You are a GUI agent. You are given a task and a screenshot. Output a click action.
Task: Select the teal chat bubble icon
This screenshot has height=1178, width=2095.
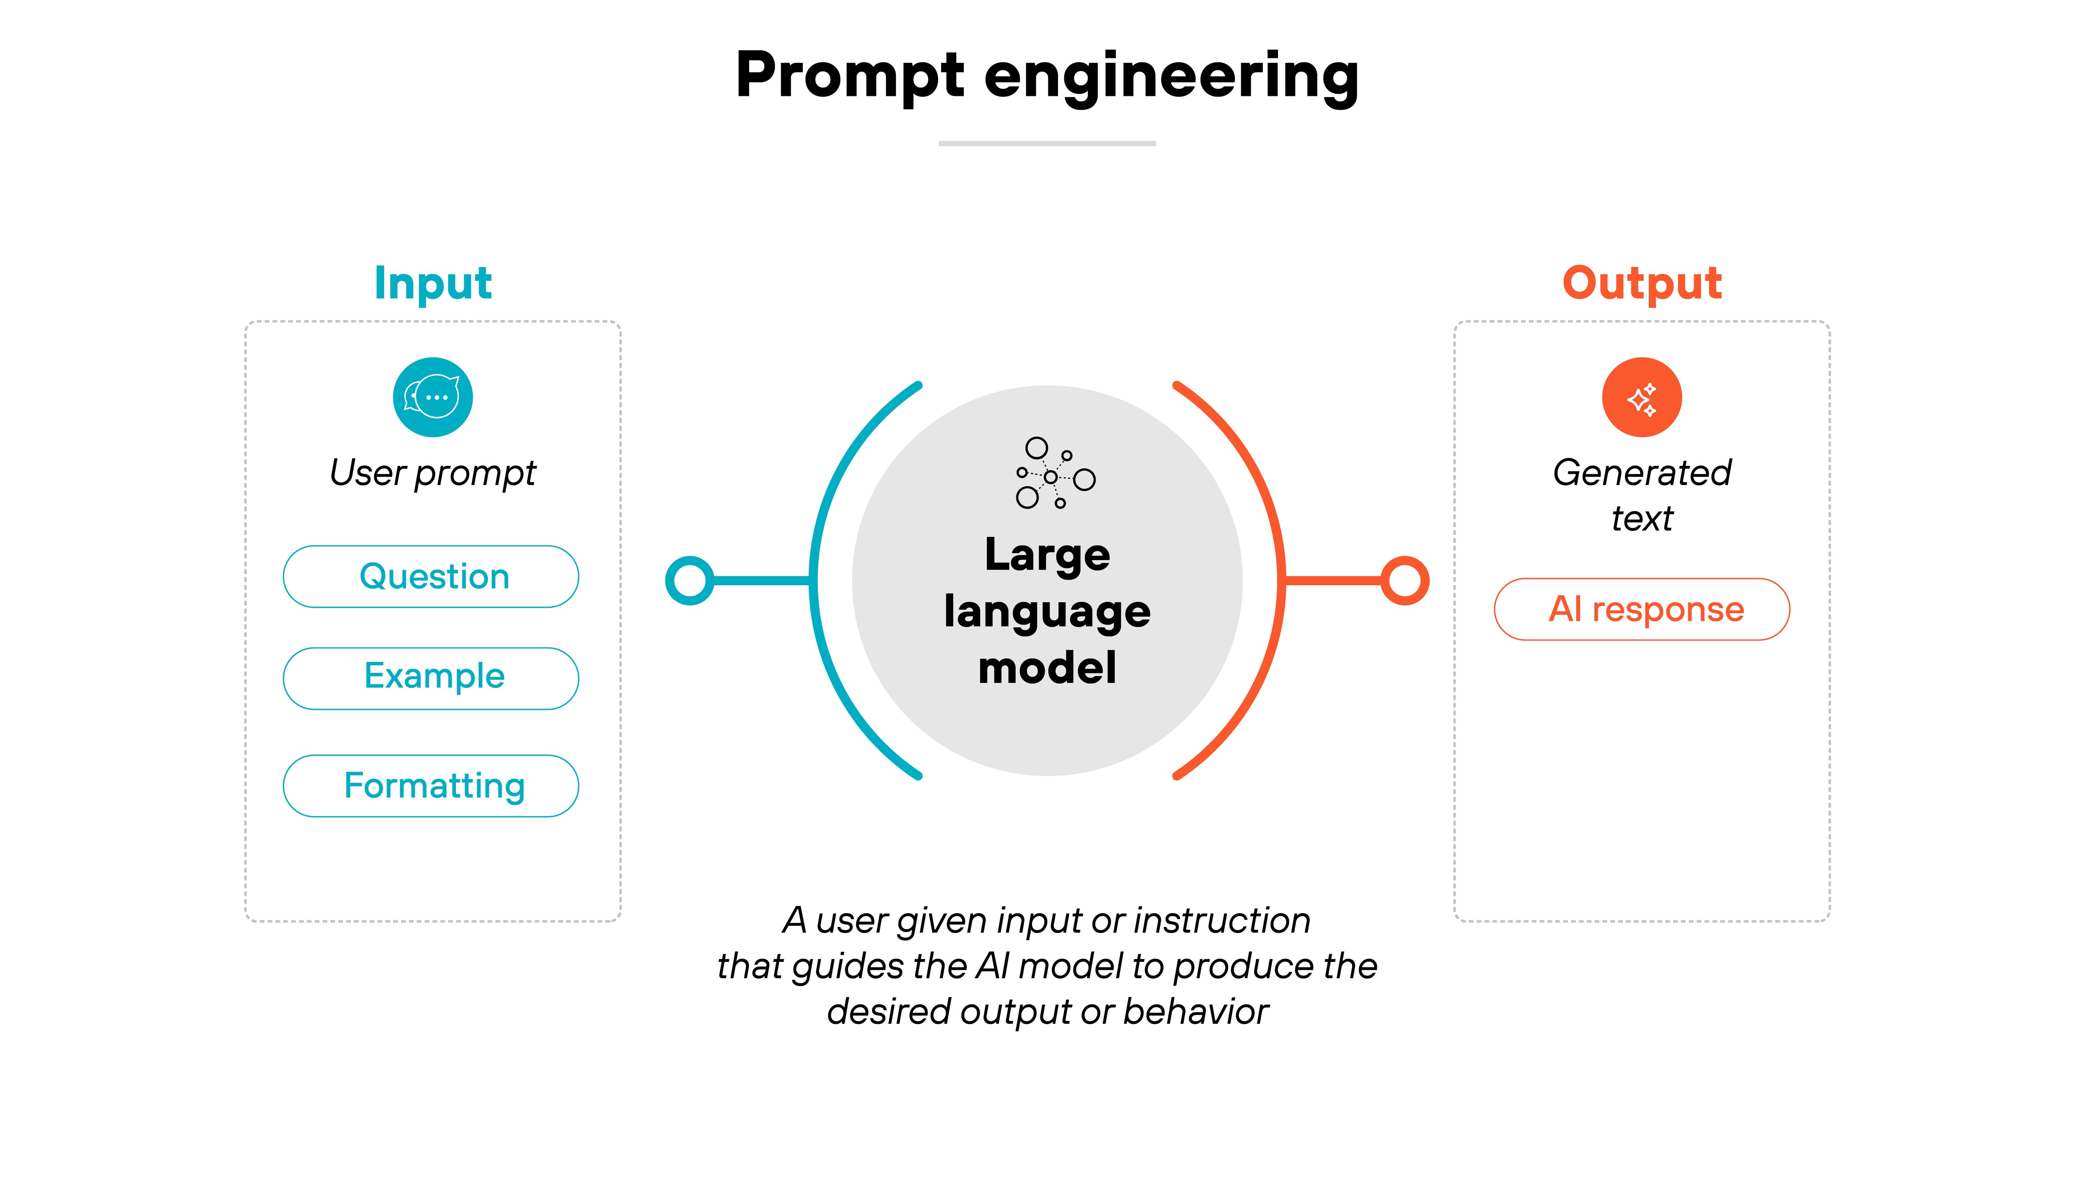[x=433, y=398]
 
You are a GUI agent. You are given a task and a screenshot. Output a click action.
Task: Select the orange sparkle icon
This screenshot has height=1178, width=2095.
[x=1642, y=398]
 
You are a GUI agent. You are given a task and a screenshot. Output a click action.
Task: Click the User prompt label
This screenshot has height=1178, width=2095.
[x=433, y=473]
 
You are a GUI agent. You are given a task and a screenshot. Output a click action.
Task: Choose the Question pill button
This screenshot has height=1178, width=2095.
[x=431, y=576]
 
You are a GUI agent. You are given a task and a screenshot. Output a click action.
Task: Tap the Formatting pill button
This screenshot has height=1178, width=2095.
[x=431, y=785]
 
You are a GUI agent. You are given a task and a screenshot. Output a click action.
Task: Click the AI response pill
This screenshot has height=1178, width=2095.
[x=1642, y=609]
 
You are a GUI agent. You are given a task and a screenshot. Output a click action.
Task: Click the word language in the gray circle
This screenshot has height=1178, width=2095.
[x=1047, y=611]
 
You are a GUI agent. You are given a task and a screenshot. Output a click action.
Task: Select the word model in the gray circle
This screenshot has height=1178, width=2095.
[x=1047, y=668]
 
